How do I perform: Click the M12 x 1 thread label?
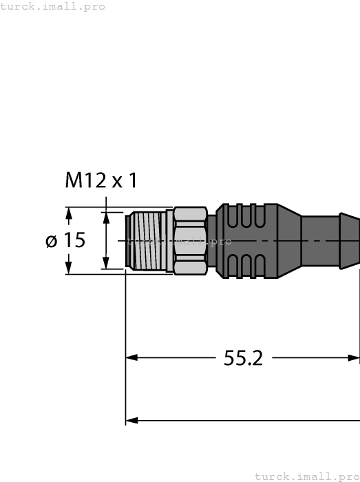point(101,181)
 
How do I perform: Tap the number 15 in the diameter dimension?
point(74,241)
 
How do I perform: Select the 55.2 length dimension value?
point(244,358)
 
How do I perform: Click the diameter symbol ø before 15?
point(51,242)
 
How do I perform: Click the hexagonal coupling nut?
point(190,241)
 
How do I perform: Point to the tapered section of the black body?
point(289,241)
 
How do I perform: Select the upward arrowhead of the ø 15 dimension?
point(68,214)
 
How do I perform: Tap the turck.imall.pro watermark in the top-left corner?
point(52,6)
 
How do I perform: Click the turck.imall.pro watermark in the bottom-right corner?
point(306,476)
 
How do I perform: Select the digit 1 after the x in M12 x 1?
point(132,181)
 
